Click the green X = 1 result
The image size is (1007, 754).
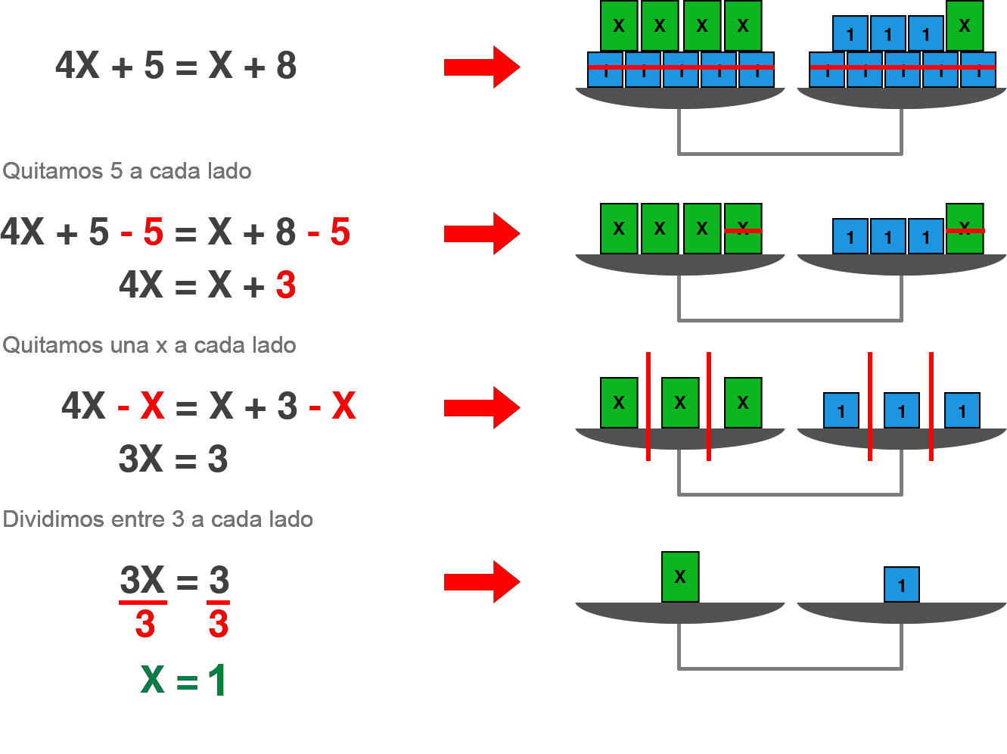click(x=183, y=679)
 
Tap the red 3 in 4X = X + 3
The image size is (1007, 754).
click(x=286, y=285)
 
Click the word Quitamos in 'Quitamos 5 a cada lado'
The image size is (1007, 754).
click(x=53, y=171)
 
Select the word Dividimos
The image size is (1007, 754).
click(x=53, y=519)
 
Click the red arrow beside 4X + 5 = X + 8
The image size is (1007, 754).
click(x=482, y=67)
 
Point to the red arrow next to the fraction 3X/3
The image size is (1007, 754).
click(x=482, y=582)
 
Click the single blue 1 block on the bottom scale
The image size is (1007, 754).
click(x=902, y=584)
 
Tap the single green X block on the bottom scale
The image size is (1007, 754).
click(x=680, y=577)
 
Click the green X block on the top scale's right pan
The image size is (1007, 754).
click(x=965, y=26)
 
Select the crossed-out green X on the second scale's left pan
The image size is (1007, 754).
click(x=743, y=229)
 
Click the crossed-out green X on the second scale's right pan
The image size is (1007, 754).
click(x=965, y=229)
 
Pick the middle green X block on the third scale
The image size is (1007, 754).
click(x=680, y=403)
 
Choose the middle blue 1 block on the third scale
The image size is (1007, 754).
click(x=902, y=410)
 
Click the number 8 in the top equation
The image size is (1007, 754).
click(x=286, y=66)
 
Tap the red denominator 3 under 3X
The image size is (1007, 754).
click(x=145, y=623)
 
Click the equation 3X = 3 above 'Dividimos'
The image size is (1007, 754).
click(x=173, y=459)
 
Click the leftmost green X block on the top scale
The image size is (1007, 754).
click(x=619, y=26)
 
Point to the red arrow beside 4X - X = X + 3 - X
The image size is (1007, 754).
click(x=482, y=407)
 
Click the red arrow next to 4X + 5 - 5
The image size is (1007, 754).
click(x=482, y=234)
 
